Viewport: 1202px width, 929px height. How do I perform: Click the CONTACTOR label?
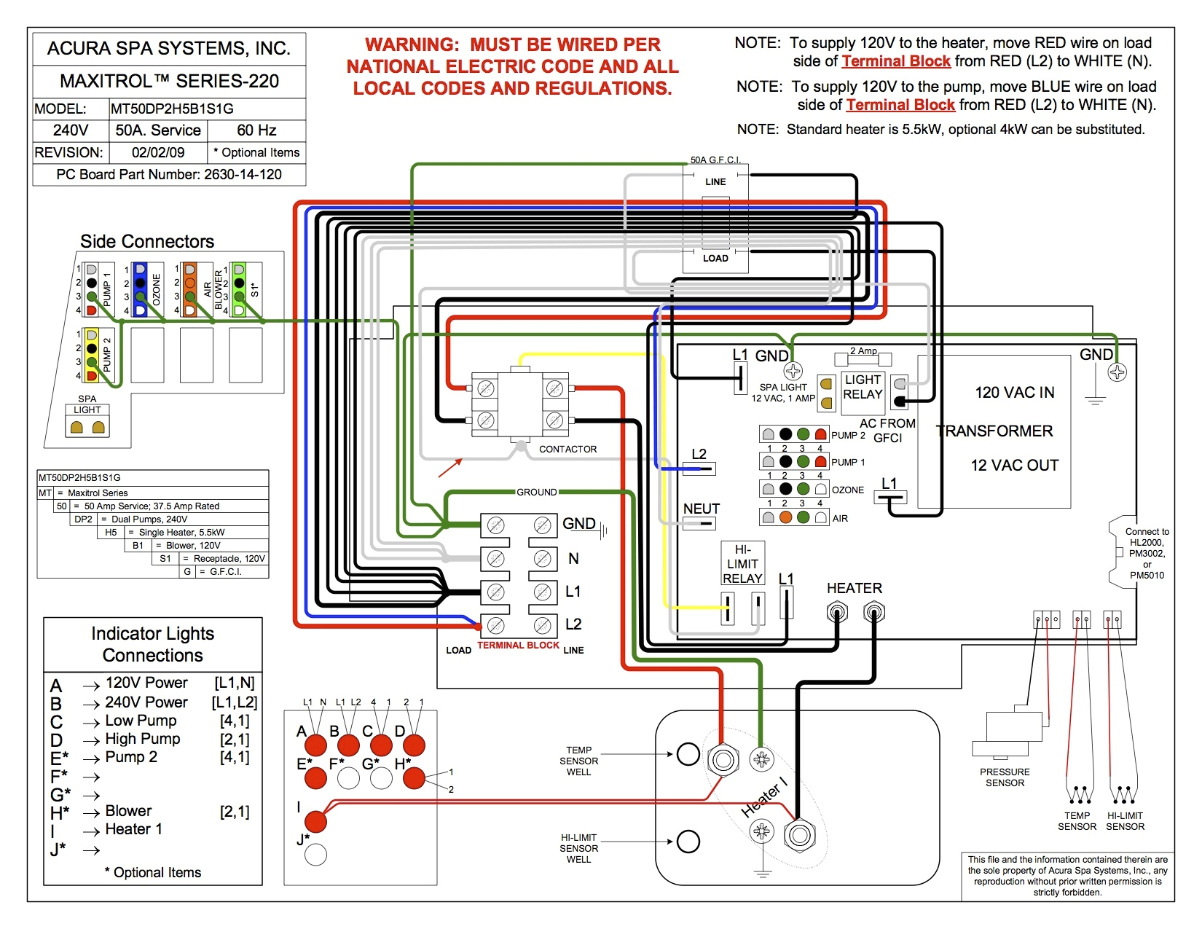click(567, 449)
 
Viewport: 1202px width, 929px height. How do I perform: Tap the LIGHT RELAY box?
click(863, 387)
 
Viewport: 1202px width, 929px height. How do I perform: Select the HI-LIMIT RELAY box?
click(742, 563)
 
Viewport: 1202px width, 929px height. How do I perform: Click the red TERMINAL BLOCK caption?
click(518, 646)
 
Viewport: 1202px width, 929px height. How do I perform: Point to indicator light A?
click(315, 745)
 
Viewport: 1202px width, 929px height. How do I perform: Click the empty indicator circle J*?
click(315, 854)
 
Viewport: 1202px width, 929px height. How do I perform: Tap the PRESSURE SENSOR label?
click(1005, 777)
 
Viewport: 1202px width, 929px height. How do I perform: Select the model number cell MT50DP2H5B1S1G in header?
click(172, 109)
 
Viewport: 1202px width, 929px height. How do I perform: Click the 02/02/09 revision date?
click(158, 153)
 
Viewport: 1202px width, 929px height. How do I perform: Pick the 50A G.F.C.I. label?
click(715, 160)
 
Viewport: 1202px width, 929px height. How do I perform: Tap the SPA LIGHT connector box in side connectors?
click(87, 426)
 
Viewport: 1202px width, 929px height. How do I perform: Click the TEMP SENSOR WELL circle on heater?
click(688, 754)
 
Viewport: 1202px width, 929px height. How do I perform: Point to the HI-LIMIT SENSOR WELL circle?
click(688, 842)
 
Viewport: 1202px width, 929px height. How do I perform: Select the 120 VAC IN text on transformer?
click(1015, 393)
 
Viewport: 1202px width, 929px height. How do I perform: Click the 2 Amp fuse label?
click(864, 351)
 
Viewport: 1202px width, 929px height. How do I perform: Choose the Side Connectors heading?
click(147, 242)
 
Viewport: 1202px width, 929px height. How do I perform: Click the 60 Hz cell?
click(256, 130)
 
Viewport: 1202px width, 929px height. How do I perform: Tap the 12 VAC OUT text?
click(1014, 466)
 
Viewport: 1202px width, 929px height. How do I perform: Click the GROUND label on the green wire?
click(537, 493)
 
